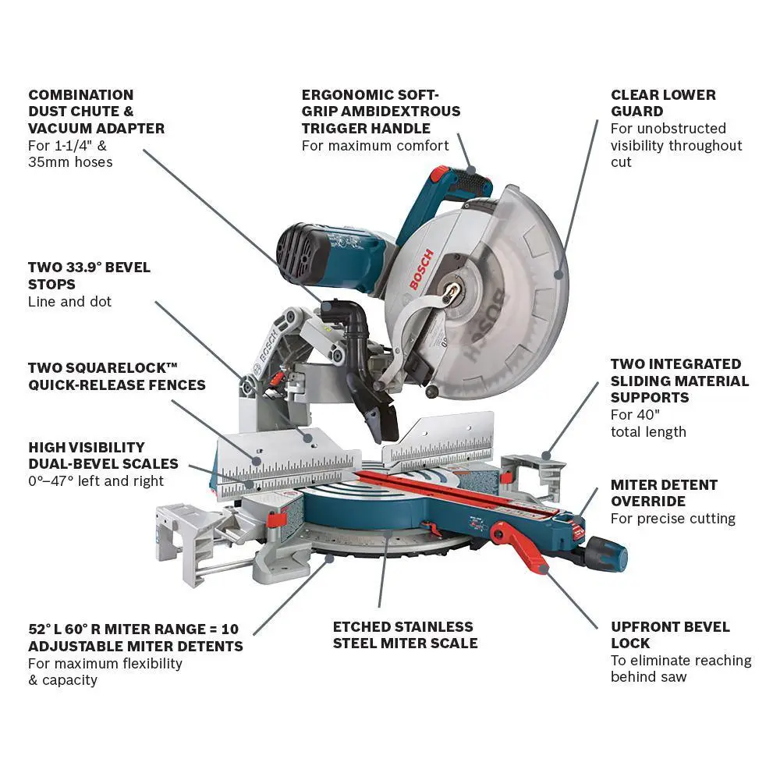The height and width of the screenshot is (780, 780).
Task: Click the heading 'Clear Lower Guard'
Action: tap(663, 103)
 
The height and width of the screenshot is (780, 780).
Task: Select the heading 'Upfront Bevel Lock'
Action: tap(670, 635)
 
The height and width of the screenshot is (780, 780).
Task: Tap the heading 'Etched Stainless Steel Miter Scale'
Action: tap(405, 635)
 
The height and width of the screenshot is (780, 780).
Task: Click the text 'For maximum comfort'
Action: tap(375, 146)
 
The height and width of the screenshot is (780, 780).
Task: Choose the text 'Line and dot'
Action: tap(69, 302)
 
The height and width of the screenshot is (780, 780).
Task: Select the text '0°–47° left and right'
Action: tap(96, 481)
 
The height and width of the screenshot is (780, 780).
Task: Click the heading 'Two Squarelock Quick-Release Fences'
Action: tap(116, 376)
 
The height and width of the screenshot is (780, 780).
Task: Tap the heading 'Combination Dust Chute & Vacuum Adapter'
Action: tap(96, 112)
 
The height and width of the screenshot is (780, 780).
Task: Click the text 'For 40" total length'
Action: tap(648, 424)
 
